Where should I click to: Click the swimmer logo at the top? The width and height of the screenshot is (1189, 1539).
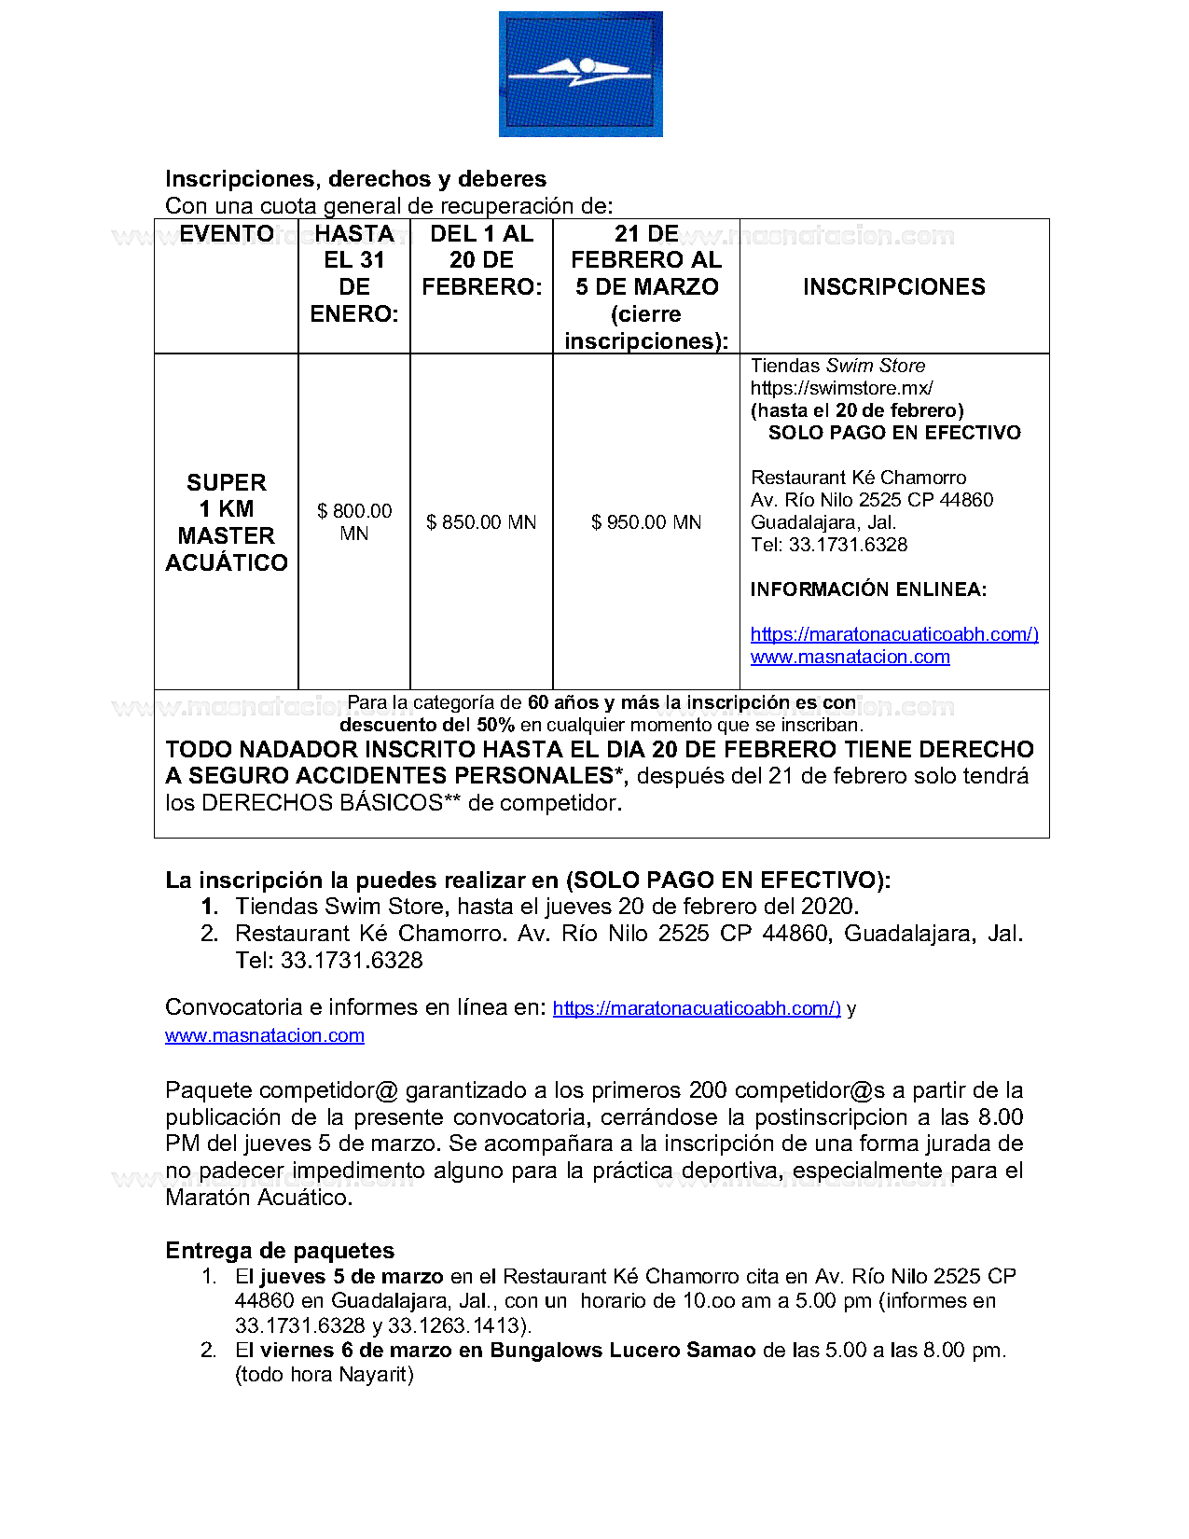(580, 74)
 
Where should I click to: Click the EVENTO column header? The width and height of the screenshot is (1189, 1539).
(227, 234)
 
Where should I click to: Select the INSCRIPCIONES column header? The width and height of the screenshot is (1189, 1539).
(893, 286)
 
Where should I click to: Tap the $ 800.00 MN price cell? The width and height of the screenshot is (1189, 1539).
(354, 521)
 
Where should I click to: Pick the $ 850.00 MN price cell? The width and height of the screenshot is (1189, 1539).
(481, 522)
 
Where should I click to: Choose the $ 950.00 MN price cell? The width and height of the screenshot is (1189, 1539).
(645, 522)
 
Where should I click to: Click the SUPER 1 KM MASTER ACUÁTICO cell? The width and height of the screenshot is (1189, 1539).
(227, 522)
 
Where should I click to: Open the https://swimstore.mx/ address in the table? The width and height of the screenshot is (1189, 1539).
(841, 388)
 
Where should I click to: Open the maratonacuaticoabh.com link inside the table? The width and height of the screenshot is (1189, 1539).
(893, 634)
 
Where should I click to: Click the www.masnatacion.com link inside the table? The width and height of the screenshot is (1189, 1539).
(850, 657)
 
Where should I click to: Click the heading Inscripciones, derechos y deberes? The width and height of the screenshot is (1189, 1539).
(355, 179)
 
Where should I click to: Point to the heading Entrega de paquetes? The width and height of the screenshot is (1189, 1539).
(280, 1251)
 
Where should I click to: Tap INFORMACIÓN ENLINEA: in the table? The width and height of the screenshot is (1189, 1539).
(868, 589)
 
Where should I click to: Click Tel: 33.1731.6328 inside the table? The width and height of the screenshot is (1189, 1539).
(828, 545)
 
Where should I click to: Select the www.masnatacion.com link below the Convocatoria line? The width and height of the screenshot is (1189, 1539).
(264, 1035)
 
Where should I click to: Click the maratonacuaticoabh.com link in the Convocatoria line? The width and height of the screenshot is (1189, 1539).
(697, 1008)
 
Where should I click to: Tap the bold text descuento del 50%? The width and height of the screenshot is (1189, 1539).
(426, 725)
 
